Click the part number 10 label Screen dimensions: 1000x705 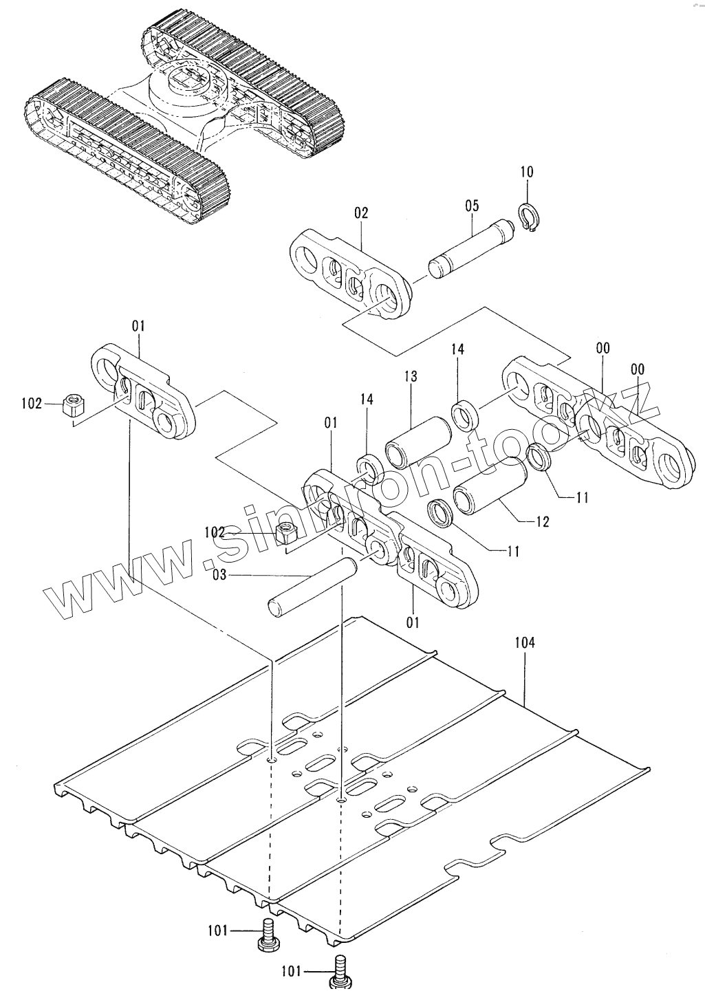[x=526, y=172]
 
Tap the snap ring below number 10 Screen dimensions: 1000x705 [x=529, y=219]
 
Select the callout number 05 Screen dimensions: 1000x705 [x=471, y=206]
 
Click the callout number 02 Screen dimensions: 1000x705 [x=361, y=213]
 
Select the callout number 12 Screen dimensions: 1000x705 [x=542, y=522]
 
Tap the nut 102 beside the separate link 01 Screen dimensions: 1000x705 [x=72, y=405]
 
